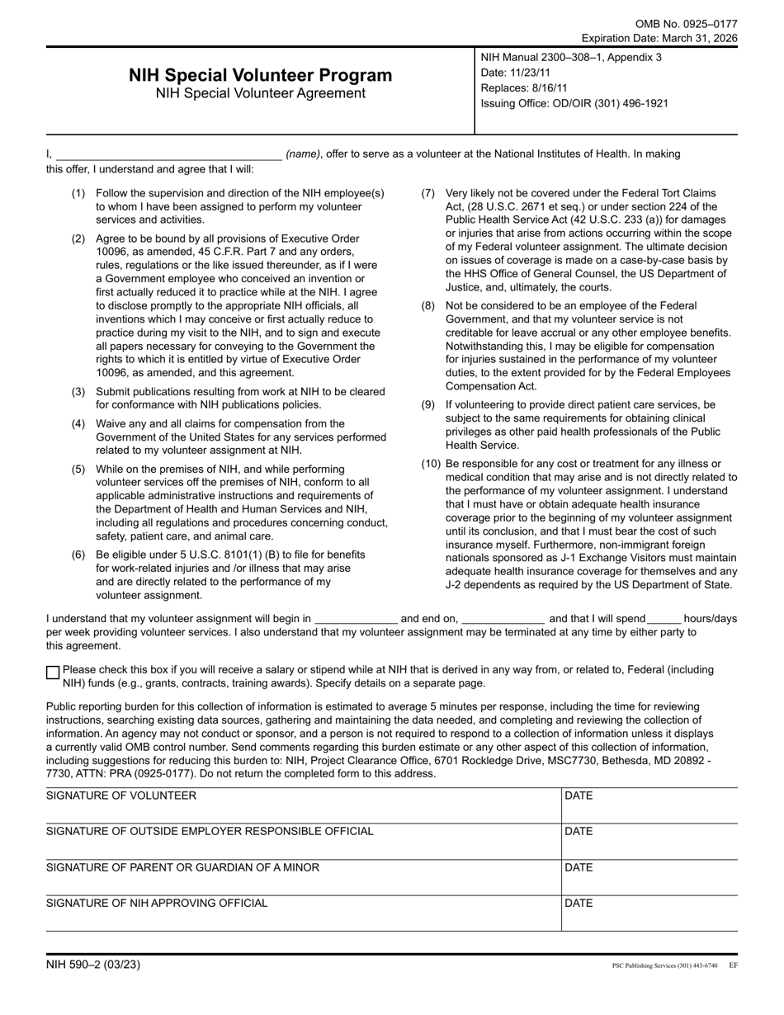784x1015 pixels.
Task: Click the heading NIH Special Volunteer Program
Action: click(x=260, y=75)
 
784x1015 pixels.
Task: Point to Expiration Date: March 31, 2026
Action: click(x=659, y=38)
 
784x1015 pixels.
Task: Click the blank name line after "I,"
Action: click(x=169, y=153)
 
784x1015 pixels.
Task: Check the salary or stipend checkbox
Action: click(x=53, y=673)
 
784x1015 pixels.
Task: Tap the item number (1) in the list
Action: click(x=78, y=193)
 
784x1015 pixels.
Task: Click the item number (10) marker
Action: click(x=431, y=464)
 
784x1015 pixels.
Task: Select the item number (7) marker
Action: click(x=428, y=193)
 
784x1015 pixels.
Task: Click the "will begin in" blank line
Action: click(x=357, y=619)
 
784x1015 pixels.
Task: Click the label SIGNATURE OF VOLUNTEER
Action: click(x=121, y=795)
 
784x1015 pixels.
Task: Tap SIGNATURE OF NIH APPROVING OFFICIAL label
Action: click(x=157, y=903)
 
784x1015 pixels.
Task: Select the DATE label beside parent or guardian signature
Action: click(x=579, y=867)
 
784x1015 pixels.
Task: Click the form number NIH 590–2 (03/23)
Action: click(x=93, y=964)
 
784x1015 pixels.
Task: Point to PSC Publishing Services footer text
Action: click(x=664, y=965)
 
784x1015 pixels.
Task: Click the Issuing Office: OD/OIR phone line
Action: click(x=574, y=103)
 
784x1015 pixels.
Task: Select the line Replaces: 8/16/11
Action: click(x=524, y=87)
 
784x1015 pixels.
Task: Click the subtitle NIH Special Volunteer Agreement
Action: click(x=260, y=93)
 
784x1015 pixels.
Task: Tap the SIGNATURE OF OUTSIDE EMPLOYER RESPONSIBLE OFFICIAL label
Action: click(x=210, y=831)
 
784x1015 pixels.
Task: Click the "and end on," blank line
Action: click(x=503, y=619)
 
